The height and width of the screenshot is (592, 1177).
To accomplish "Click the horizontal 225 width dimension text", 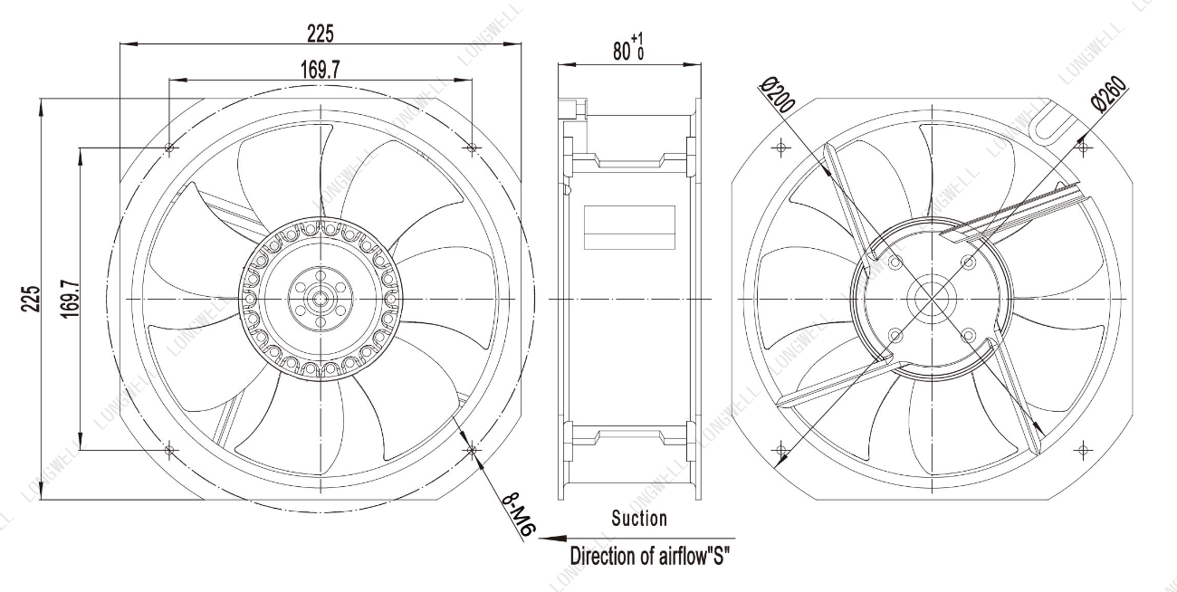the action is (x=320, y=34).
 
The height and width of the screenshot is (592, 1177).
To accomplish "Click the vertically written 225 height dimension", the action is (x=31, y=299).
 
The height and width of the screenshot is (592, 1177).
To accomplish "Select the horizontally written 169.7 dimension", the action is (x=320, y=70).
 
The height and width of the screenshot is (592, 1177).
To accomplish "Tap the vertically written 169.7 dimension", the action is (x=70, y=299).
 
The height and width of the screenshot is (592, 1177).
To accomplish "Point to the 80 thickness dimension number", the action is (x=622, y=52).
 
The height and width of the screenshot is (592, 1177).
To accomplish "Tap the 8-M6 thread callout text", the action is (x=518, y=515).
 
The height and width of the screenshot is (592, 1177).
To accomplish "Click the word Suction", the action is (x=639, y=519).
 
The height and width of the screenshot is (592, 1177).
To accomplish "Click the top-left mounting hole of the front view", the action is (x=168, y=148).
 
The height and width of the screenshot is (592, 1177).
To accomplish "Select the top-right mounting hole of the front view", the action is (x=472, y=148).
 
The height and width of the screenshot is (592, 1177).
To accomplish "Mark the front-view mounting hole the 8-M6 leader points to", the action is (x=472, y=450).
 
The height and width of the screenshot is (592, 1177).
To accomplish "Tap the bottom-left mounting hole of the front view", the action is (x=168, y=450).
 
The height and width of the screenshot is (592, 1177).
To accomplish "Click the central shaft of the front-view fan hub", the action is (x=320, y=299).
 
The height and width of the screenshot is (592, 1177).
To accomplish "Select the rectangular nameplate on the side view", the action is (x=629, y=227).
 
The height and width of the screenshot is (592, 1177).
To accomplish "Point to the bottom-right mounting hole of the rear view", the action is (x=1083, y=450).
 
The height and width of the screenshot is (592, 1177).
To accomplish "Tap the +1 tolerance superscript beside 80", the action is (x=637, y=38).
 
